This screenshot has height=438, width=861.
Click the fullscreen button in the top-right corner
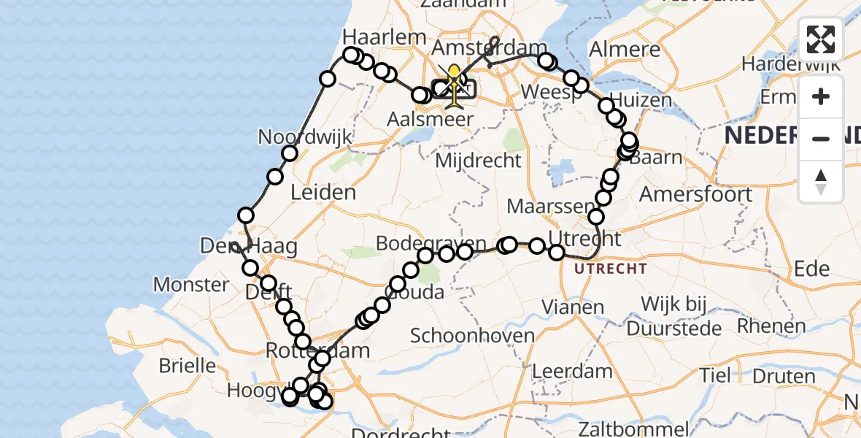coord(821,39)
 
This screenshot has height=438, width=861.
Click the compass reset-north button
coord(821,182)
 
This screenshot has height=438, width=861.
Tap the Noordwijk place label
coord(304,137)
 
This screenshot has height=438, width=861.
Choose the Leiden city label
coord(323,193)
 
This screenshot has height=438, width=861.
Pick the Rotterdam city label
coord(317,350)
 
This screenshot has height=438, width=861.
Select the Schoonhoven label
coord(473,336)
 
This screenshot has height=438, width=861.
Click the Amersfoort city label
coord(695,194)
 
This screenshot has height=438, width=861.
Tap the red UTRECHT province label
coord(610,269)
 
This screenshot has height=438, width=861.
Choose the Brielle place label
coord(187,365)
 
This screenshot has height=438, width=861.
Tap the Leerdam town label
coord(572,371)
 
